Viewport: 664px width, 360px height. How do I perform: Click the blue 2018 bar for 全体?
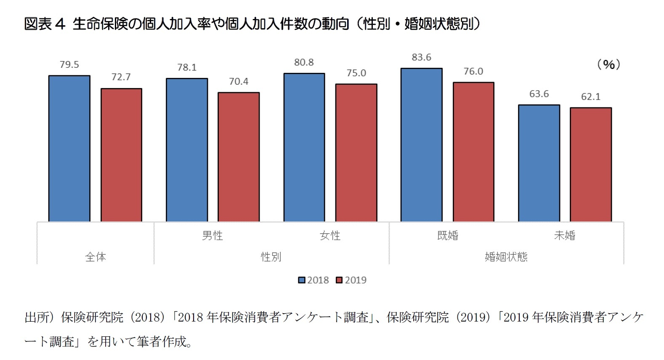69,148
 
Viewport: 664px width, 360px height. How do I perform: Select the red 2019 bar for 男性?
239,157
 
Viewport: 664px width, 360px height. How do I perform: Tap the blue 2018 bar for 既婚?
422,144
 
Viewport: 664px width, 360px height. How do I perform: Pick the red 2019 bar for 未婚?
591,164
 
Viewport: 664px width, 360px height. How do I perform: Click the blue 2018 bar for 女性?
304,147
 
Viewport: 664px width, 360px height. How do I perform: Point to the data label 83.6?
422,57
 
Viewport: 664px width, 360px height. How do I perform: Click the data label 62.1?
591,97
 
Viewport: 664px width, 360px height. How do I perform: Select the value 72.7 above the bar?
121,77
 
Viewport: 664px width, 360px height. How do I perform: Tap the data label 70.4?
239,81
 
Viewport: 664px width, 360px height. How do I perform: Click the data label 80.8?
304,62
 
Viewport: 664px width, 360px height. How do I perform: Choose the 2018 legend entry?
313,280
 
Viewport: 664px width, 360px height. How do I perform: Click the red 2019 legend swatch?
339,280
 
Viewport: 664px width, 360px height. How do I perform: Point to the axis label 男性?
212,235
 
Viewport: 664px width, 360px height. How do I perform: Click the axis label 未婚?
565,235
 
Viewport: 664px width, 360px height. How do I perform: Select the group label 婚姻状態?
506,257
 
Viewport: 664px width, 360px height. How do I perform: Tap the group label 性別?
271,257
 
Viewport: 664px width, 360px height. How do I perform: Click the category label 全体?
96,257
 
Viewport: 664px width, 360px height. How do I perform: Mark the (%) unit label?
608,64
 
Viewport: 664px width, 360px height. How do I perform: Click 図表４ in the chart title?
45,24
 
